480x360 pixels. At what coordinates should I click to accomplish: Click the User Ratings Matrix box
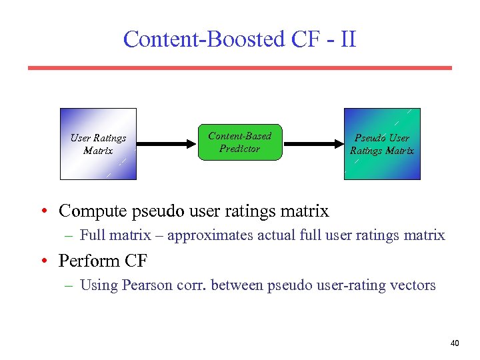coord(98,144)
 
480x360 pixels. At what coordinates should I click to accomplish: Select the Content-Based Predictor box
coord(240,142)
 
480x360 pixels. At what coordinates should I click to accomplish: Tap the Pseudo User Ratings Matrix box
coord(382,144)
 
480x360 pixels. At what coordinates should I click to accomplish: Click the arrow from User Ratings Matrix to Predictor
coord(167,143)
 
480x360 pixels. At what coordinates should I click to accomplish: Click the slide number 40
coord(455,343)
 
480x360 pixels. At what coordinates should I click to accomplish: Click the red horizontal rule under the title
coord(239,68)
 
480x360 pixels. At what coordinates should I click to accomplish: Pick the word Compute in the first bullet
coord(93,211)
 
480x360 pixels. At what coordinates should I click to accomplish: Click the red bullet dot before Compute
coord(43,212)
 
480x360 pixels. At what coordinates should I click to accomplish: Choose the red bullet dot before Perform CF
coord(43,261)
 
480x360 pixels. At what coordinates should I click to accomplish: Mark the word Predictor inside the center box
coord(239,149)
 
